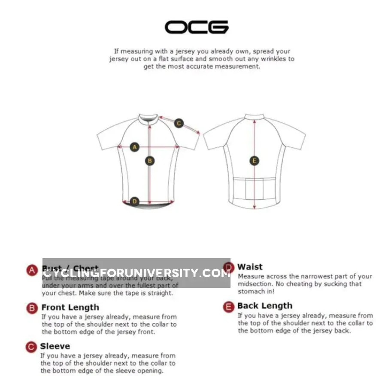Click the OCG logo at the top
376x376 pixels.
tap(196, 27)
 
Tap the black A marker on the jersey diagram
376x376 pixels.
tap(135, 147)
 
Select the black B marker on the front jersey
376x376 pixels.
tap(150, 161)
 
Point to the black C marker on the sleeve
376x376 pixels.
tap(179, 124)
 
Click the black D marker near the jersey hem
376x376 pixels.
tap(134, 201)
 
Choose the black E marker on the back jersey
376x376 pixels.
tap(254, 161)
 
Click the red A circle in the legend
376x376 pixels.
tap(32, 270)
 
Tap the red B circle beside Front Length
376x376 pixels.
tap(32, 308)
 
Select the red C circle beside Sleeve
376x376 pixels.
tap(31, 347)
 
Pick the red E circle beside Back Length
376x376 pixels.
tap(229, 306)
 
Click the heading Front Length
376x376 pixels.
tap(70, 307)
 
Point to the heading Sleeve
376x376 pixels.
tap(55, 346)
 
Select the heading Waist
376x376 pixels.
tap(250, 267)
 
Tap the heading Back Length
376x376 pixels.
tap(264, 306)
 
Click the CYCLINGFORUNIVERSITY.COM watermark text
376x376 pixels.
tap(136, 273)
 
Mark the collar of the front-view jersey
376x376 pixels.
tap(149, 117)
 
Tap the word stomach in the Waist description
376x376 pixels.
tap(251, 291)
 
